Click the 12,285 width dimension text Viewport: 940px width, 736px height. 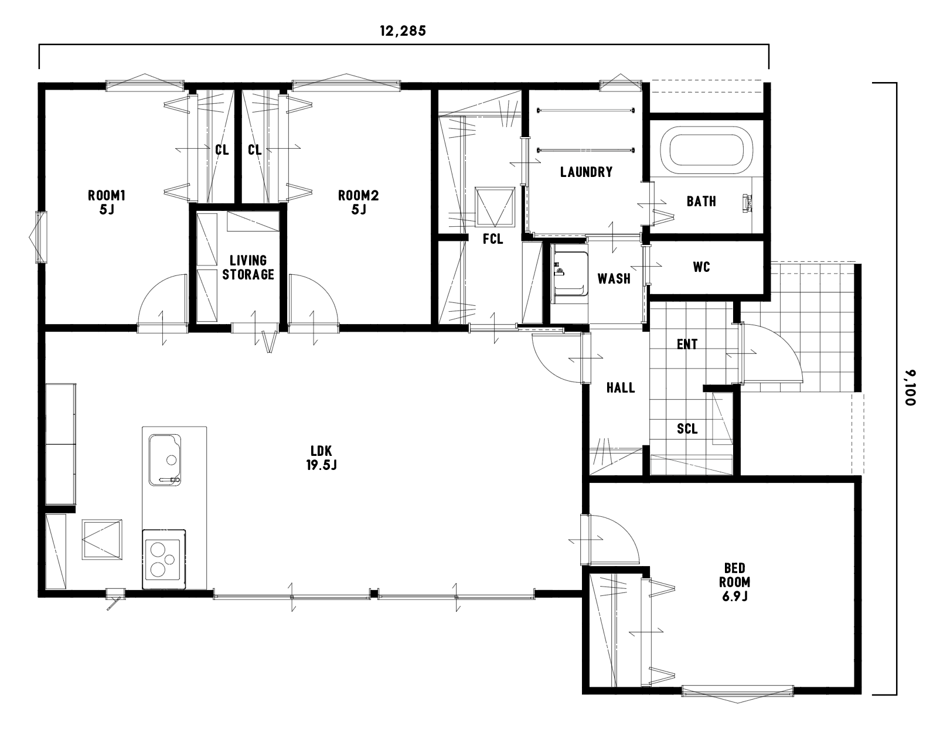(403, 31)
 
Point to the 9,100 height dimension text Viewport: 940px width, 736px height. (911, 387)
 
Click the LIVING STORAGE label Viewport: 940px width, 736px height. (248, 267)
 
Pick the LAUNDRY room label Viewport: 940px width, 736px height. (586, 172)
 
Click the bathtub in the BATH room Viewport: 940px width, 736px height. (707, 150)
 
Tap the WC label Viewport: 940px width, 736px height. (701, 267)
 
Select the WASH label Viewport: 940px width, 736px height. (614, 279)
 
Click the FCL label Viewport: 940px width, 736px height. (493, 238)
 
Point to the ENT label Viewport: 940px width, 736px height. (687, 345)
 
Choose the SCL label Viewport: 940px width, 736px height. (687, 429)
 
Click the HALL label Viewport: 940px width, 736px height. (621, 387)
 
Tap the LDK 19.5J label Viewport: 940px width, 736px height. (321, 458)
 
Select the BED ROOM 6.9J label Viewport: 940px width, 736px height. (734, 582)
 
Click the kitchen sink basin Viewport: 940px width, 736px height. (165, 460)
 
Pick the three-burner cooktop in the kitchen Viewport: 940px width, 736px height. (164, 559)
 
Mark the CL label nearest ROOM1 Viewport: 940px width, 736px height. (222, 150)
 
